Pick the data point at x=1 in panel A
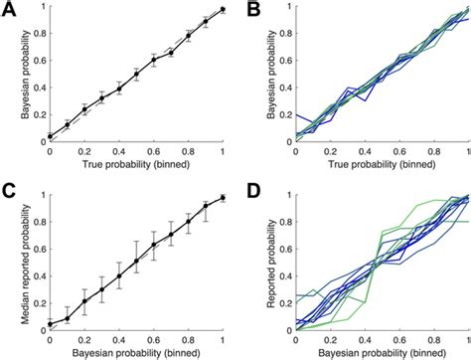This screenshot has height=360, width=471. point(223,10)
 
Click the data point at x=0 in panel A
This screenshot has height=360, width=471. point(50,136)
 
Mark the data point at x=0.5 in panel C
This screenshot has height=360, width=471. point(136,263)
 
